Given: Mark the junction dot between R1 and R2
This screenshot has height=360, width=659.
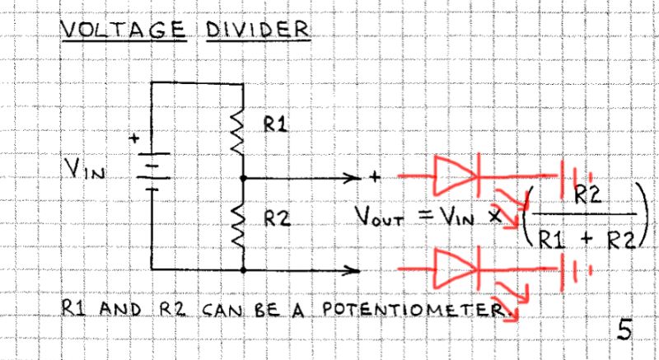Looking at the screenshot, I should (x=243, y=177).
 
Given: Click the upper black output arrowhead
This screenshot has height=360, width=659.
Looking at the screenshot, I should (x=356, y=177).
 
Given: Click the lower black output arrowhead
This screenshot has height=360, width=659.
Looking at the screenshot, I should (x=356, y=269).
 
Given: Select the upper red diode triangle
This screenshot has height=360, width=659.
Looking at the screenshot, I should (x=452, y=175).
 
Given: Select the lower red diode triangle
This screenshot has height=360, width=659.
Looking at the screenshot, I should (x=452, y=267).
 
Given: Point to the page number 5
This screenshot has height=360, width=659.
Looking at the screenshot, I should (x=624, y=329).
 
